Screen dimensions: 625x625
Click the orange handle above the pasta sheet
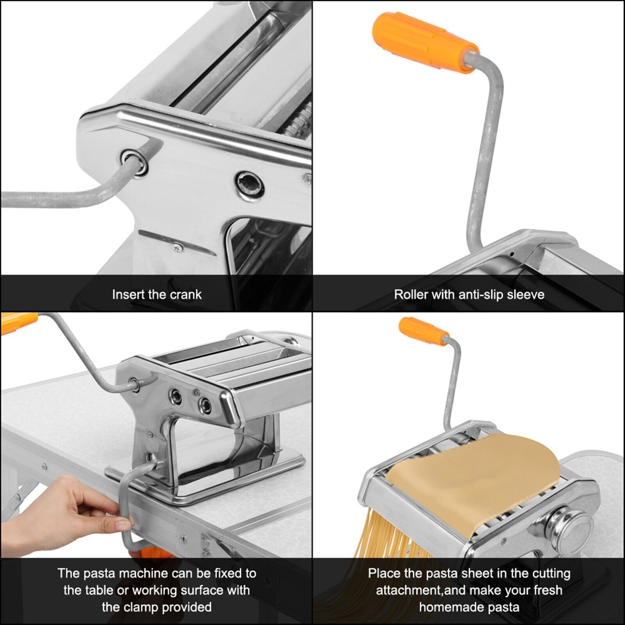(x=423, y=332)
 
